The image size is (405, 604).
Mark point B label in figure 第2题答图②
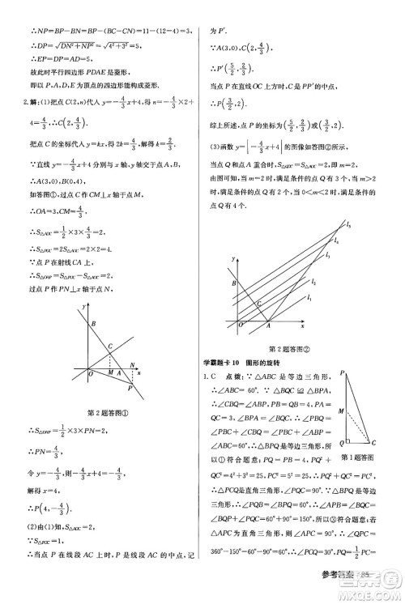click(x=233, y=284)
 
